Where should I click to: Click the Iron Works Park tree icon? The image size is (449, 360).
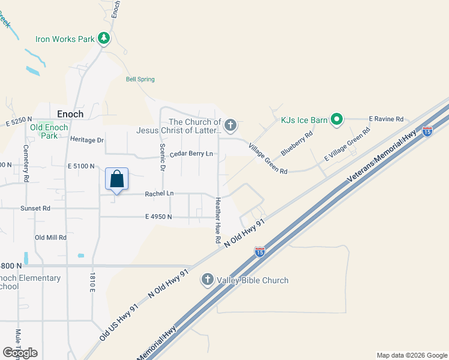coord(104,38)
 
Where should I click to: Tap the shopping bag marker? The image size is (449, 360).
coord(116,179)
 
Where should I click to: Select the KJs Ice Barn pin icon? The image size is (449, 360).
coord(337,120)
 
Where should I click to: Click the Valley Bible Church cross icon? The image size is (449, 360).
coord(207,280)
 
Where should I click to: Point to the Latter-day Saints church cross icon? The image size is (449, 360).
coord(230,126)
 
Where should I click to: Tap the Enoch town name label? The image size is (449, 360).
coord(70,113)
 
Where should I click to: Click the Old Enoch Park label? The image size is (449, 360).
coord(50,131)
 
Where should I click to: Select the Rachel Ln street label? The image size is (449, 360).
coord(159,194)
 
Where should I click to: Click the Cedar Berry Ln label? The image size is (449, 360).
coord(191,154)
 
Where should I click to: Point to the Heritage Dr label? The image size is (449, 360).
coord(87,140)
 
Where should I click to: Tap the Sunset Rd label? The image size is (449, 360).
coord(35,208)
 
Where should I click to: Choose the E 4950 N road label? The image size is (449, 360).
coord(158,217)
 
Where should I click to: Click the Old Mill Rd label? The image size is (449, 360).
coord(50,238)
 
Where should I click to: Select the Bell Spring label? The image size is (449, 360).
coord(140,79)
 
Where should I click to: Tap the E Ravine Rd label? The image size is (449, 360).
coord(385,119)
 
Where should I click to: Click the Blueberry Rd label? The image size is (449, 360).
coord(297,143)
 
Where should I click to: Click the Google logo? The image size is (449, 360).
coord(20,353)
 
